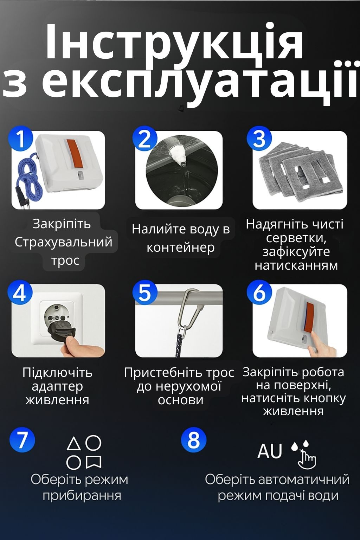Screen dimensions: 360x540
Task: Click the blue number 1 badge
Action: (21, 139)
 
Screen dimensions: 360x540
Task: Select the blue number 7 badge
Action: (22, 439)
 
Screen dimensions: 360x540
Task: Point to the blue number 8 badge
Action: (194, 439)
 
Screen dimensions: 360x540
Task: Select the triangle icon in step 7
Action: (73, 444)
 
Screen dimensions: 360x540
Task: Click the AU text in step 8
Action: (270, 451)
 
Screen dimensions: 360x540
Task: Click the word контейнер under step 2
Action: (181, 247)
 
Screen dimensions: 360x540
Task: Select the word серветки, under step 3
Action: (296, 238)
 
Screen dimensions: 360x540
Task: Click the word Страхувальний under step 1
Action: (64, 242)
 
